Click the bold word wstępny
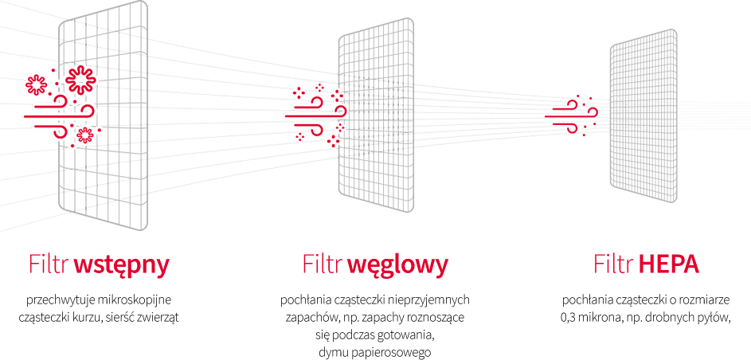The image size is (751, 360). pyautogui.click(x=122, y=264)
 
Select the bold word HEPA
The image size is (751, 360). pyautogui.click(x=669, y=264)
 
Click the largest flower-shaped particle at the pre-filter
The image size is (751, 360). pyautogui.click(x=80, y=79)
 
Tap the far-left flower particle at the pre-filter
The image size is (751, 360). pyautogui.click(x=36, y=84)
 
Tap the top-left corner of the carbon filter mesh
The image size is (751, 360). pyautogui.click(x=339, y=34)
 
